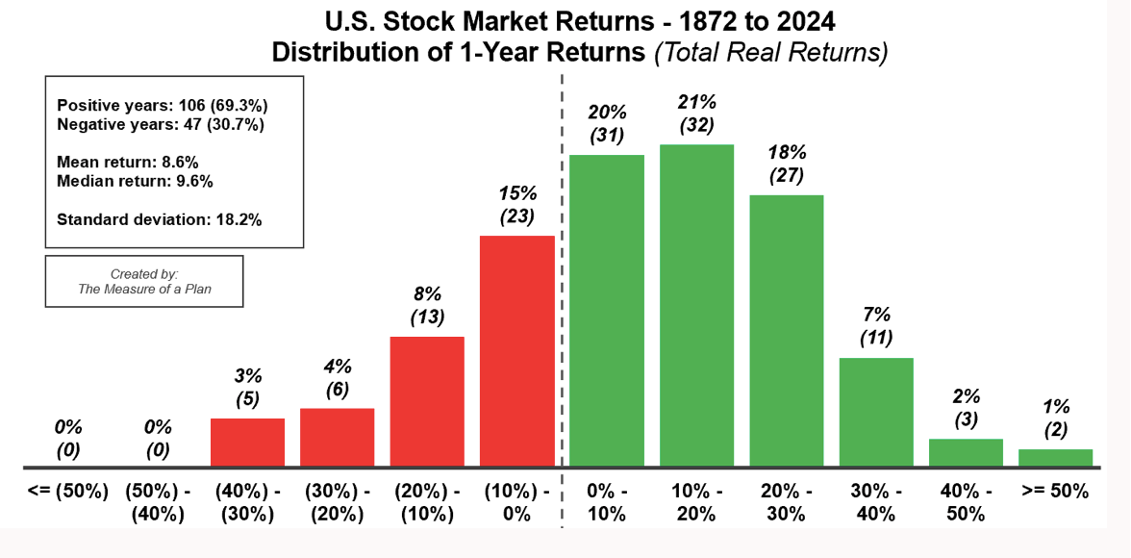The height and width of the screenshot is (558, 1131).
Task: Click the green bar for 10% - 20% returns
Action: [x=696, y=305]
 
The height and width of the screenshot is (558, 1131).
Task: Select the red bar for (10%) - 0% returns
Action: [x=517, y=351]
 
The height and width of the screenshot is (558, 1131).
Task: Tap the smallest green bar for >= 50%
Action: [x=1055, y=458]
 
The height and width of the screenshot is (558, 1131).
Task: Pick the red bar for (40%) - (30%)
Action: [x=247, y=443]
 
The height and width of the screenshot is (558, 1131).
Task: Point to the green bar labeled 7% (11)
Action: [x=875, y=412]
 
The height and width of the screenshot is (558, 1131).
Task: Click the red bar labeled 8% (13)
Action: [x=427, y=401]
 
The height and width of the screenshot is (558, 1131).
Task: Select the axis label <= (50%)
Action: [x=67, y=493]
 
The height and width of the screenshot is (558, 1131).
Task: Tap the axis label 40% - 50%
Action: [x=966, y=503]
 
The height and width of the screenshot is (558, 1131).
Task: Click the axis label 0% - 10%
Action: [x=606, y=503]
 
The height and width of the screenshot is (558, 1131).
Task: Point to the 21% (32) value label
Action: [x=696, y=114]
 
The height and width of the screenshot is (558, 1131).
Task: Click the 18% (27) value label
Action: [x=787, y=165]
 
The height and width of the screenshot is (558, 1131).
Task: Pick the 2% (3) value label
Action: [x=966, y=408]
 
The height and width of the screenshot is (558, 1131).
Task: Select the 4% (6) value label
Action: [x=337, y=377]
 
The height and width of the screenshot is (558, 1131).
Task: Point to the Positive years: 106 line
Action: [x=163, y=106]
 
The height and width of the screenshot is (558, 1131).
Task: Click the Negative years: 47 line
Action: [x=160, y=124]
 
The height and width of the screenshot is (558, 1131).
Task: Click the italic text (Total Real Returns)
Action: [x=770, y=54]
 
